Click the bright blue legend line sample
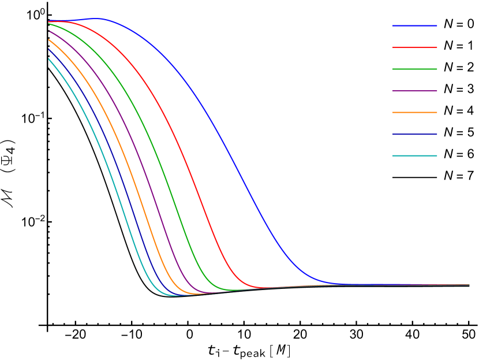click(414, 25)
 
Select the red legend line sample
click(414, 47)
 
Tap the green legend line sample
click(414, 69)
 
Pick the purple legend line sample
click(414, 91)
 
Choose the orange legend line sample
click(414, 112)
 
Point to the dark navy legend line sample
click(414, 134)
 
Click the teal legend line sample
click(414, 155)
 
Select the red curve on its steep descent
click(190, 173)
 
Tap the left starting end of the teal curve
click(49, 58)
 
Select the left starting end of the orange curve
click(49, 39)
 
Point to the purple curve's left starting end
click(49, 31)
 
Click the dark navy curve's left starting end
click(49, 49)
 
